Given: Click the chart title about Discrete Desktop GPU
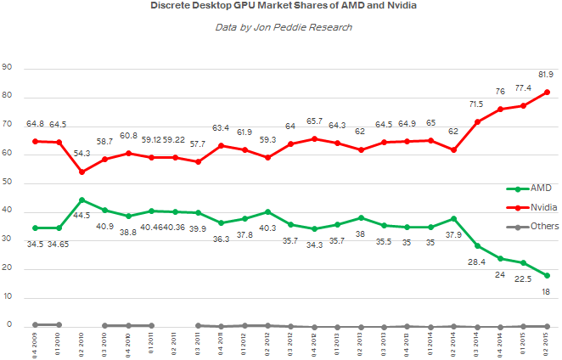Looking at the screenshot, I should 281,8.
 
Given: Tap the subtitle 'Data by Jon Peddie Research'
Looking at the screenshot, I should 281,27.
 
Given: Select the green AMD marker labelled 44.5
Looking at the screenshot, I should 81,200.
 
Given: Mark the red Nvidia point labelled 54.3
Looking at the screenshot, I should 81,172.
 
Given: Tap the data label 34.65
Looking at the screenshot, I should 58,244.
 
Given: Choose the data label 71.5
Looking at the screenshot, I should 477,104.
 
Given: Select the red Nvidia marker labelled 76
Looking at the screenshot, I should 500,110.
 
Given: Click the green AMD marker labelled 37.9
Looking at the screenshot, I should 454,218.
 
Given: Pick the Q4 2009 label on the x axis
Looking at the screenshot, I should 35,342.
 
